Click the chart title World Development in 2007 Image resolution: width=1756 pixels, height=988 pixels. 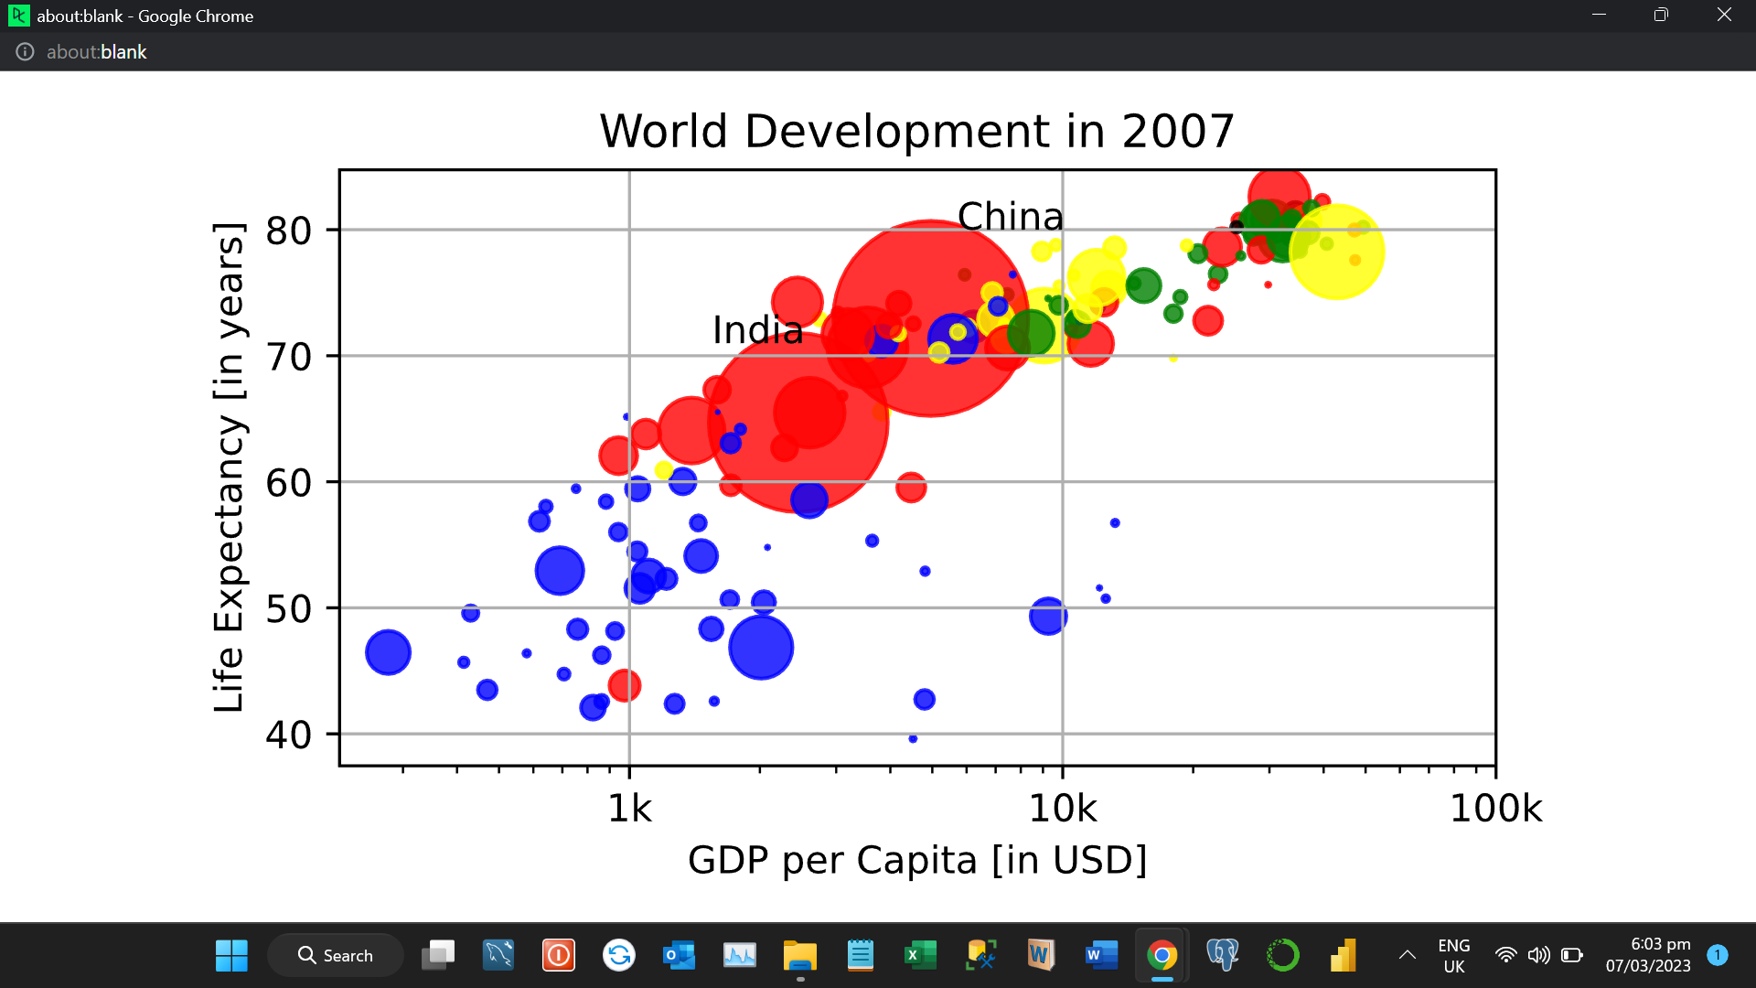point(916,131)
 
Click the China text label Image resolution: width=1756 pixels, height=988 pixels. point(1010,217)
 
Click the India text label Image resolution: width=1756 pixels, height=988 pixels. point(757,330)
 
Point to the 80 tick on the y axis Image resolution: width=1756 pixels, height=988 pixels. point(288,231)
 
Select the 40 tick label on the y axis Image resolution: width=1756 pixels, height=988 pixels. point(288,735)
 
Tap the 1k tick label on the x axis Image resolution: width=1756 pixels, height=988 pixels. point(629,809)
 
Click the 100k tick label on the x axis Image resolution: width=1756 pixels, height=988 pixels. point(1495,809)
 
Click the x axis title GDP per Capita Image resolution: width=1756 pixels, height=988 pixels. point(916,860)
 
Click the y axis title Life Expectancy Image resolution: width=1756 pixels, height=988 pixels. point(229,467)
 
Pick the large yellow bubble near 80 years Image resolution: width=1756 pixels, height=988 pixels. point(1336,252)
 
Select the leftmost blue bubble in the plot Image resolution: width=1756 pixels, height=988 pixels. point(388,652)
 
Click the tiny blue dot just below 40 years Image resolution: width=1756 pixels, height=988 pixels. point(913,738)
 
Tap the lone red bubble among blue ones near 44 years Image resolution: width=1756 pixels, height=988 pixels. point(624,685)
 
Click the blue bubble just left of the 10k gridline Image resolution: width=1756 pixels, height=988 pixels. point(1047,616)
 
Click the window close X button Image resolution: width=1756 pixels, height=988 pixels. point(1723,15)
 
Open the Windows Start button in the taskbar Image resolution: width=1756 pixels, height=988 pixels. point(231,955)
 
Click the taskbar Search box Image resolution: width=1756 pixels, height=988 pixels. point(336,955)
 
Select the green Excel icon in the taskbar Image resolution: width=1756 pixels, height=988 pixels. point(920,955)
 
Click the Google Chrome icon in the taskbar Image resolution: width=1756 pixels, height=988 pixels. point(1162,955)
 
